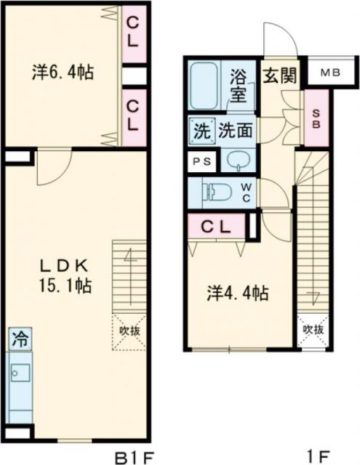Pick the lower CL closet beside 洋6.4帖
coord(132,116)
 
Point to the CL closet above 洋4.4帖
coord(215,225)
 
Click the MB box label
coord(331,73)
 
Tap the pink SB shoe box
coord(316,118)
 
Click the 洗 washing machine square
coord(200,132)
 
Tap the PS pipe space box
coord(199,162)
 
